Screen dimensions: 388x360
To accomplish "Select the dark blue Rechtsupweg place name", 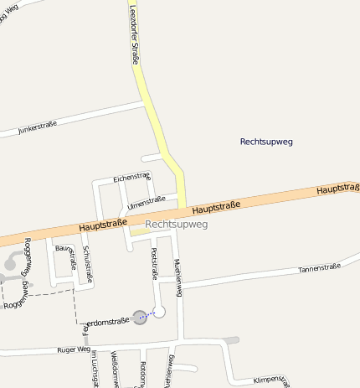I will (266, 142).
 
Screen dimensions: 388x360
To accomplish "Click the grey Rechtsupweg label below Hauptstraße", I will (176, 225).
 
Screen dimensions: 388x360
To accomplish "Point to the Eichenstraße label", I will (131, 178).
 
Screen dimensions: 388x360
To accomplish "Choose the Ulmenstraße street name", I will (147, 201).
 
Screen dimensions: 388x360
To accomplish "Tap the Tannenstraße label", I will (320, 268).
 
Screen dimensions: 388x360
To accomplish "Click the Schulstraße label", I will (87, 264).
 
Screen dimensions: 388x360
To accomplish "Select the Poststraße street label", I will (154, 263).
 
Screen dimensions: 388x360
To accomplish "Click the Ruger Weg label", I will (73, 349).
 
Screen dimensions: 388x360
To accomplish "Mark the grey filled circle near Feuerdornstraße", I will (140, 317).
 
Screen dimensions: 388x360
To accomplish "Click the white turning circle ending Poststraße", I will (159, 312).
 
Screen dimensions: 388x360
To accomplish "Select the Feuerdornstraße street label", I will (108, 321).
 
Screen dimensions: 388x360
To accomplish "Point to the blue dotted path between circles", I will (149, 315).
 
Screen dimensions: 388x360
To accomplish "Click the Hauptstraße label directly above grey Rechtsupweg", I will (216, 206).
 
